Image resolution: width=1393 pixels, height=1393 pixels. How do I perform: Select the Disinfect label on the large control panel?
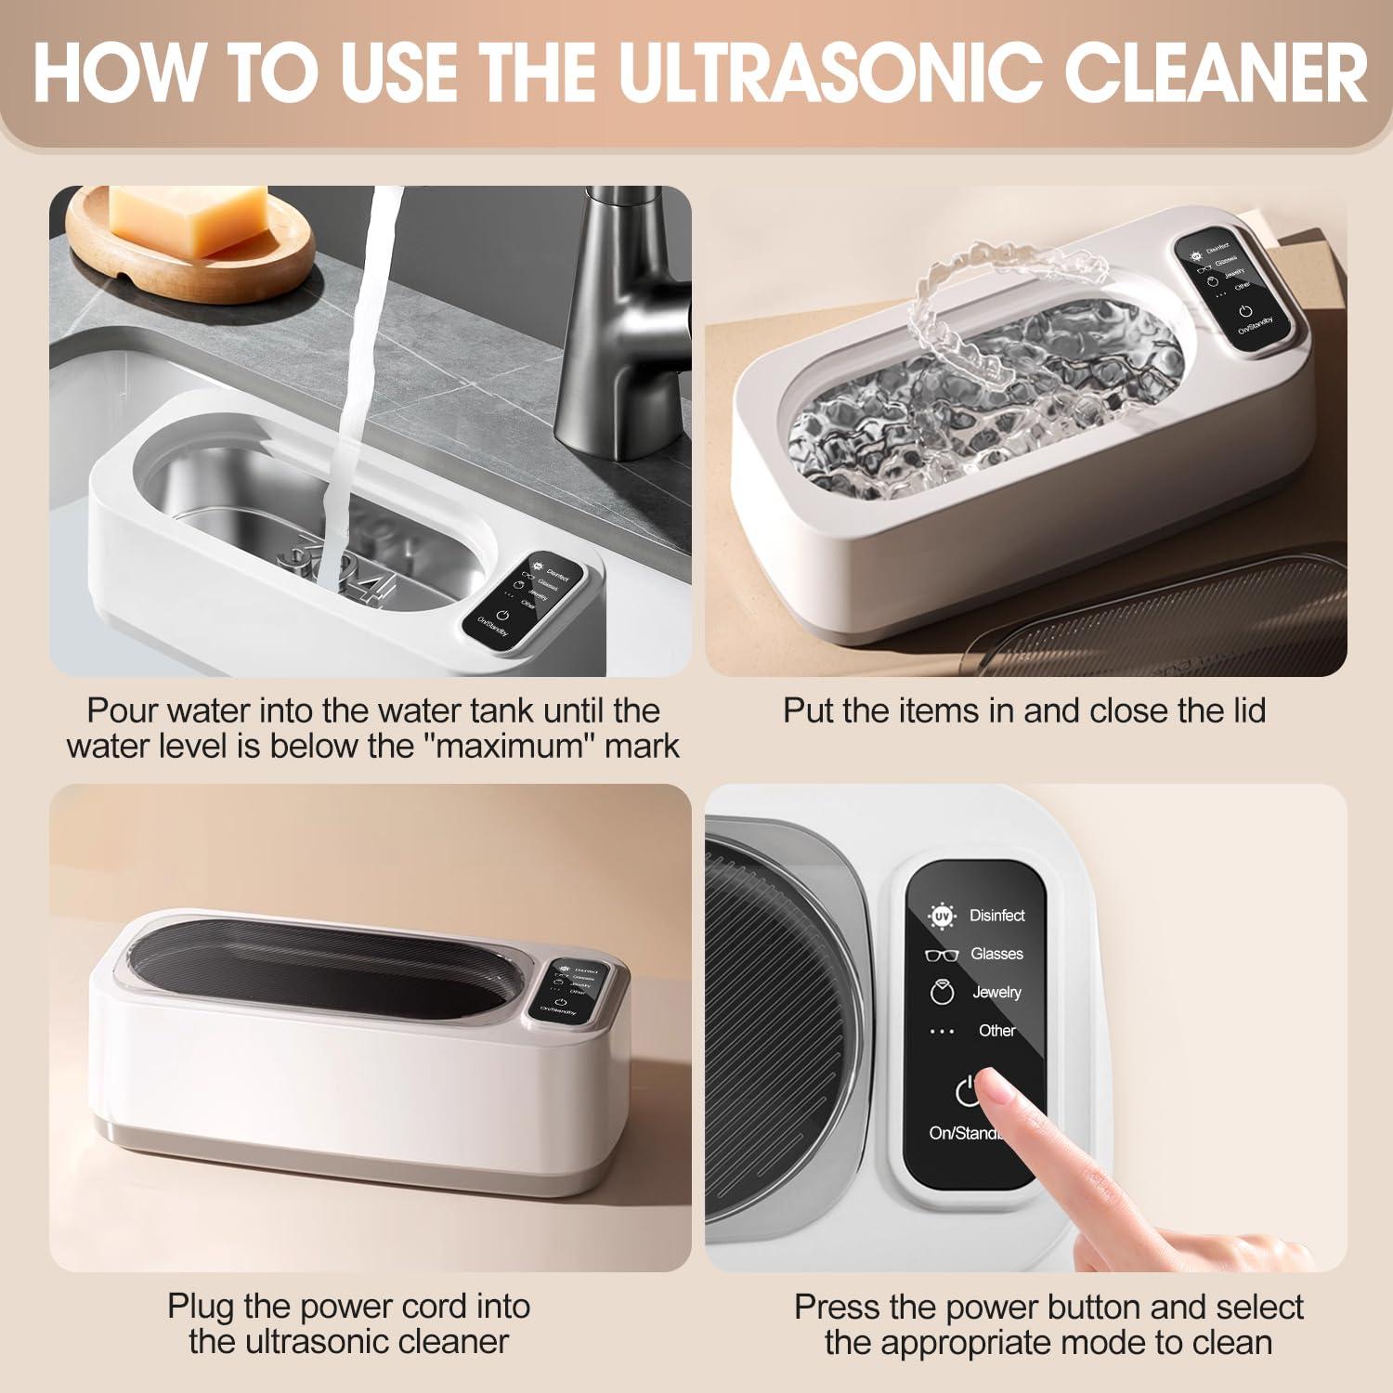[x=996, y=916]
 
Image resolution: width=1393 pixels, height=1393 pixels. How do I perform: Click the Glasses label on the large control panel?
[x=996, y=954]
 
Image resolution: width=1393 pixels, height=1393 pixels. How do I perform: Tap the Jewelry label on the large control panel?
[x=996, y=992]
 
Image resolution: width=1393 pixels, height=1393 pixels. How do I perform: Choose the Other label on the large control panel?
[x=996, y=1030]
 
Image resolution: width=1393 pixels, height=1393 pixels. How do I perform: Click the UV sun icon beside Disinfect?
[x=942, y=916]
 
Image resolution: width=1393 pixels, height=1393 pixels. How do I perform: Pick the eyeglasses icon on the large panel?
[x=942, y=955]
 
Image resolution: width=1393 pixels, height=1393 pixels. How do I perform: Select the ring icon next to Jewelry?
[x=942, y=992]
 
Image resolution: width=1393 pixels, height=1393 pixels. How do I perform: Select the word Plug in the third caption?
[x=201, y=1306]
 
